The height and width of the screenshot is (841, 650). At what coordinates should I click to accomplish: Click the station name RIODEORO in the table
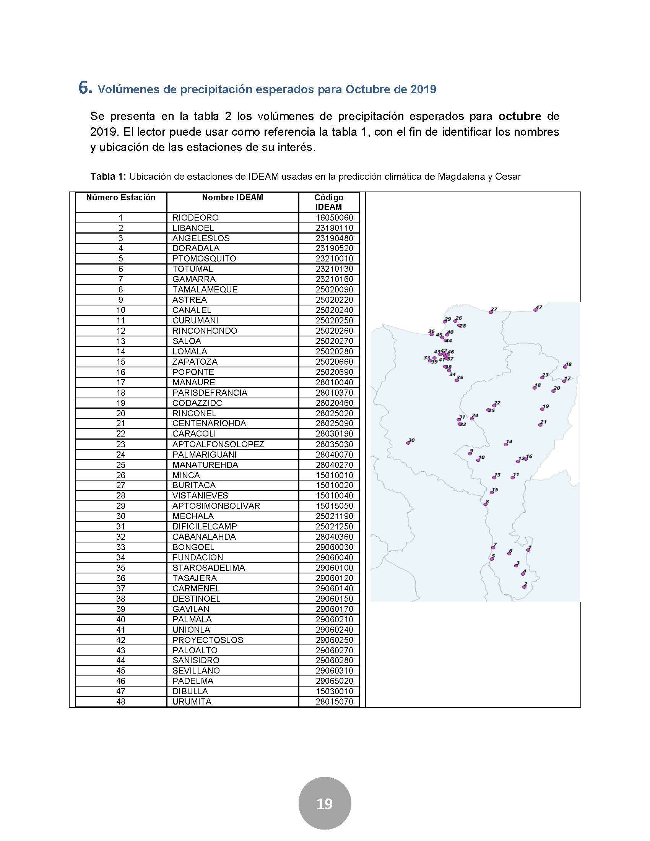(x=195, y=218)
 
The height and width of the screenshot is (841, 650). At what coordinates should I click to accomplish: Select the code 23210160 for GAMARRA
(x=334, y=279)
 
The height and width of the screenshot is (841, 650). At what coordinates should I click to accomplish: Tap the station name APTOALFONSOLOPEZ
(x=218, y=444)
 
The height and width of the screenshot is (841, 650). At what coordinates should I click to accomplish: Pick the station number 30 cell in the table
(x=120, y=516)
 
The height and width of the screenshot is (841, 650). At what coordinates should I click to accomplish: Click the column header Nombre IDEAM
(x=232, y=198)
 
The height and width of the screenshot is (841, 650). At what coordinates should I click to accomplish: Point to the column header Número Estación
(x=120, y=198)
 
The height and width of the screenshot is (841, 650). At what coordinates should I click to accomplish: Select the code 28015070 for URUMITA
(x=334, y=701)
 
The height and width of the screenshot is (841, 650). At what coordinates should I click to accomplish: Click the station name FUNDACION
(x=198, y=557)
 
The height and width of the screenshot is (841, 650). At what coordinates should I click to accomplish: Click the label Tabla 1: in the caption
(x=108, y=177)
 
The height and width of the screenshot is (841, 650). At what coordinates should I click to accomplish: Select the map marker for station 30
(x=408, y=443)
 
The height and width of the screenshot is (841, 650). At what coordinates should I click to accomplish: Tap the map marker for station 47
(x=535, y=310)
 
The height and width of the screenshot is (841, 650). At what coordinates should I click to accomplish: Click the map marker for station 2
(x=524, y=587)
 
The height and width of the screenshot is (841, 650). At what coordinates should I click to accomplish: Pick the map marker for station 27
(x=491, y=312)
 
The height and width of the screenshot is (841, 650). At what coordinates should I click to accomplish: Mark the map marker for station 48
(x=565, y=367)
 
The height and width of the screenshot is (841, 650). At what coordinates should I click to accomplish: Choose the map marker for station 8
(x=486, y=504)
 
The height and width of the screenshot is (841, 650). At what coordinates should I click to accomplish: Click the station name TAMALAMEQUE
(x=205, y=290)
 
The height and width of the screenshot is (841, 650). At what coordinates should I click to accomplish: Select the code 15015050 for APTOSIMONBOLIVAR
(x=334, y=506)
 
